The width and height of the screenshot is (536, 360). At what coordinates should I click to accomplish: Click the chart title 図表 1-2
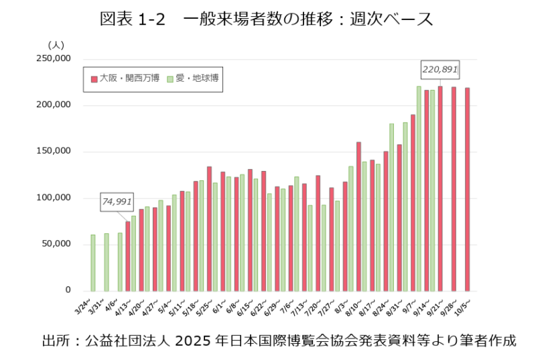tap(128, 19)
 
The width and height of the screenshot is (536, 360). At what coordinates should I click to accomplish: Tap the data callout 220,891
tap(440, 68)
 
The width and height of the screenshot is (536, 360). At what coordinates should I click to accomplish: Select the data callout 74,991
tap(117, 200)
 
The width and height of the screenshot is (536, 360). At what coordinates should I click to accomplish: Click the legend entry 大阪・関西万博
tap(125, 78)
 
